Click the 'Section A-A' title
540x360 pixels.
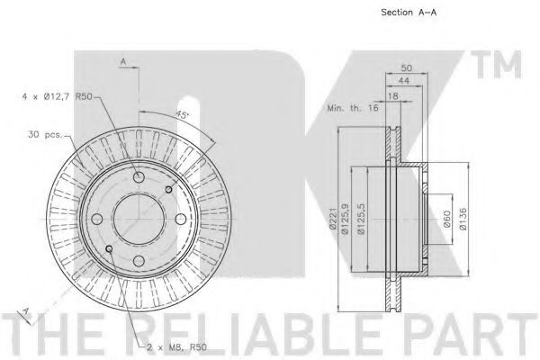(409, 13)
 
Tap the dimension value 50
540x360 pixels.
(407, 67)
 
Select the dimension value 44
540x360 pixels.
(403, 80)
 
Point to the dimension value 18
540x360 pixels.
(393, 96)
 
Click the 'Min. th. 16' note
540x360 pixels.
(353, 108)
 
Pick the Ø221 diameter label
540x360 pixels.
(332, 220)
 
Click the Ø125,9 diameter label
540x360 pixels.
(345, 220)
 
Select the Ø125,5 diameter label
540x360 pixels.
(361, 220)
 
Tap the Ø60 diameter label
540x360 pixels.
(446, 219)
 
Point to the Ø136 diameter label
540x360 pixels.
(463, 219)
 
